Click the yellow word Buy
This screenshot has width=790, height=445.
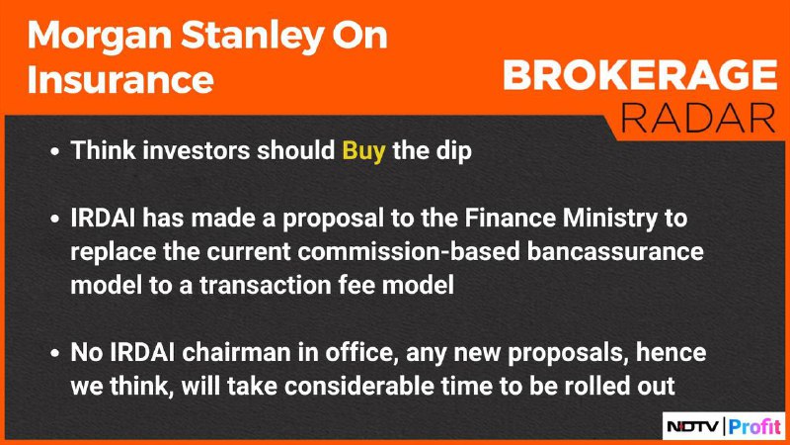[x=363, y=151]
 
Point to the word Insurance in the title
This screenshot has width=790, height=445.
[x=120, y=80]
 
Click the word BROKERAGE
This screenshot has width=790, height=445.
[x=640, y=75]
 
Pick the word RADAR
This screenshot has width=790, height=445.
[x=698, y=119]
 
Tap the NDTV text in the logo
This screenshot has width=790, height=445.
[x=693, y=427]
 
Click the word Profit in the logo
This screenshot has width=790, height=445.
[x=754, y=427]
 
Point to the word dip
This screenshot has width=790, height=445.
[x=454, y=151]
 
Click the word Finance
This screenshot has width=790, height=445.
[x=510, y=218]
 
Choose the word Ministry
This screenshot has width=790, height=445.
[x=610, y=219]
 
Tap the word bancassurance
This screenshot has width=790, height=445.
[x=615, y=252]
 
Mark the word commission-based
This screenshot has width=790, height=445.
[x=408, y=252]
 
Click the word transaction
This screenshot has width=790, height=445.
[x=265, y=285]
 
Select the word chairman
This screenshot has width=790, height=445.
[x=236, y=352]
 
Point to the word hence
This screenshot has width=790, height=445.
[x=671, y=352]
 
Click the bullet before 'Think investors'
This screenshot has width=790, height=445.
[x=55, y=151]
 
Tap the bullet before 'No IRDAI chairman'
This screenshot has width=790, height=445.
[x=55, y=353]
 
